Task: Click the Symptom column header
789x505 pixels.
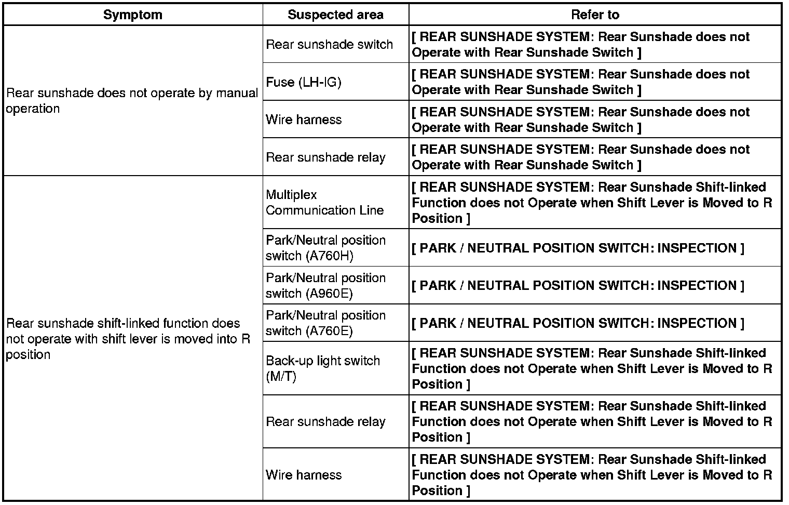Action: pos(133,15)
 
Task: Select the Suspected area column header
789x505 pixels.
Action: pos(335,15)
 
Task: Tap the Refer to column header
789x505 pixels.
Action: pos(595,15)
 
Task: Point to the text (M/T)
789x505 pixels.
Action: pos(281,376)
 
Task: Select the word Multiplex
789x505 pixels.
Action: pos(291,195)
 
